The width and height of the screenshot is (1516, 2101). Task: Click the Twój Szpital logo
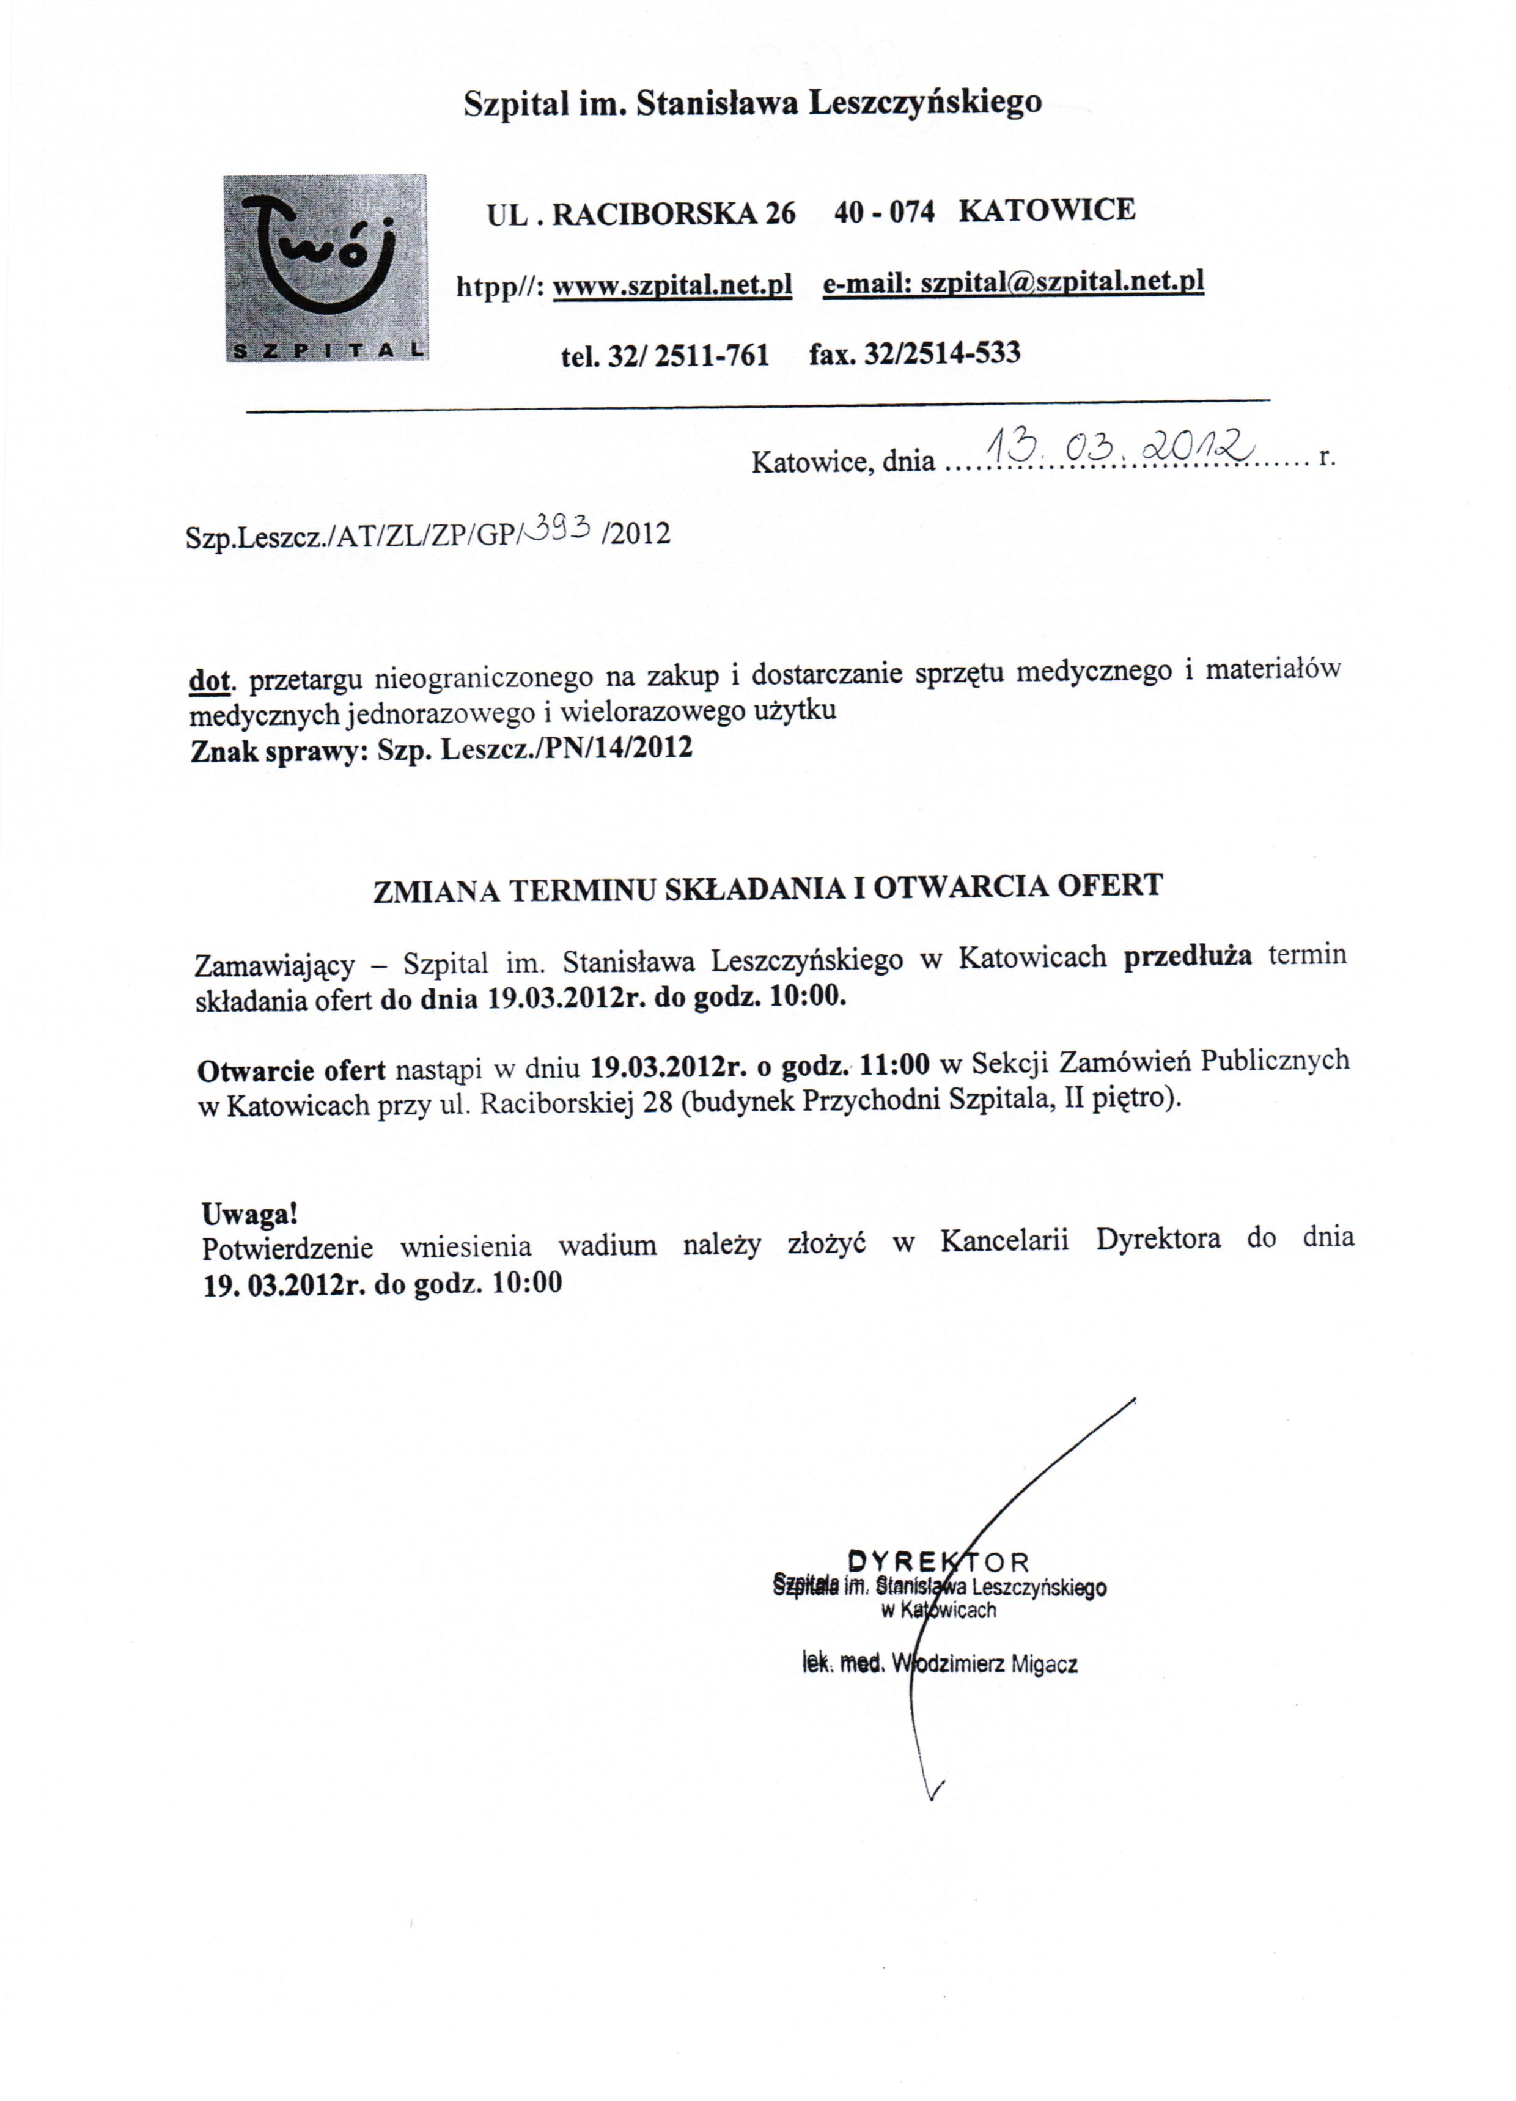coord(326,268)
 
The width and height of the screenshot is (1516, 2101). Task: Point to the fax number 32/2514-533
coord(941,353)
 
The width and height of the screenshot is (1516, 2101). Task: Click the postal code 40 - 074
coord(883,212)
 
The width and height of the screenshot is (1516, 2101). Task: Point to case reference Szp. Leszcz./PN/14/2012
coord(535,748)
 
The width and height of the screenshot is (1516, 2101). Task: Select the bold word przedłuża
coord(1187,956)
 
